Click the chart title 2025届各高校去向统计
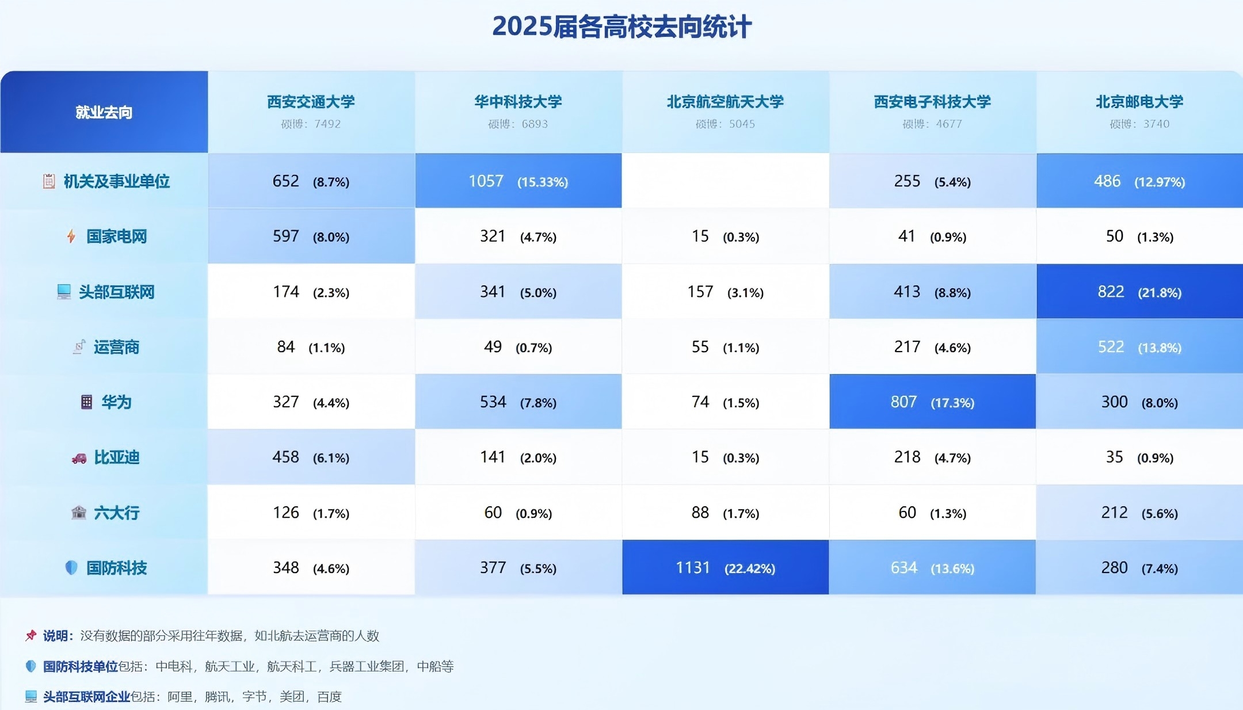(x=621, y=27)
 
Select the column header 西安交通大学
(x=311, y=102)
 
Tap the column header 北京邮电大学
(x=1139, y=102)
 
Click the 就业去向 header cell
(x=104, y=112)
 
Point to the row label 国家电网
(x=116, y=236)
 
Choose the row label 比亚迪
(x=116, y=457)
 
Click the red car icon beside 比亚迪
(x=79, y=458)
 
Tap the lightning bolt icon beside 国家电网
(x=71, y=236)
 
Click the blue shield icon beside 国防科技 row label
(x=71, y=568)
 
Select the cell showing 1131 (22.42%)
(x=725, y=568)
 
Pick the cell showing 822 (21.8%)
(x=1139, y=292)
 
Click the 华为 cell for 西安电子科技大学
(x=932, y=402)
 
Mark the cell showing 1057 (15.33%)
(x=518, y=181)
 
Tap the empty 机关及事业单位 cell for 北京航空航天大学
(x=725, y=181)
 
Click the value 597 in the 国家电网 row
(x=286, y=236)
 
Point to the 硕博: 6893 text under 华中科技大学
(x=518, y=124)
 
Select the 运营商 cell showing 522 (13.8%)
(x=1139, y=347)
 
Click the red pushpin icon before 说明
(x=31, y=636)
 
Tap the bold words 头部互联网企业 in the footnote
(x=86, y=697)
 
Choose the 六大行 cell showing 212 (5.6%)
(x=1139, y=513)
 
